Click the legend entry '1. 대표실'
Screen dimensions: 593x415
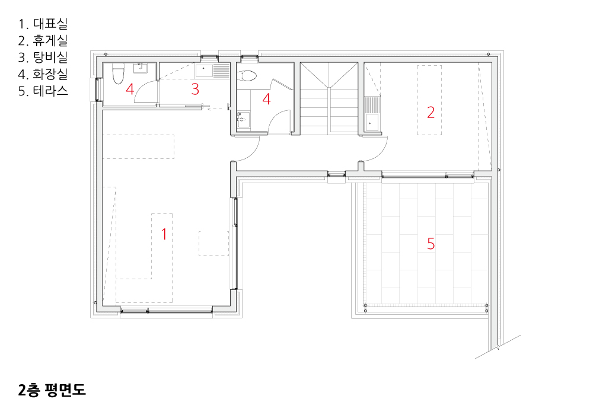click(x=43, y=24)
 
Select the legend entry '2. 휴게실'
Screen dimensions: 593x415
click(x=43, y=40)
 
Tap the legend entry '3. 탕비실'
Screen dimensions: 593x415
click(x=43, y=57)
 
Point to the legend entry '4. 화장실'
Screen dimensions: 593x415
click(x=43, y=74)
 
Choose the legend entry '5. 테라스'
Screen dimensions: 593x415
click(x=43, y=91)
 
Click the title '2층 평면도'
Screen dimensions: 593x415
click(x=52, y=390)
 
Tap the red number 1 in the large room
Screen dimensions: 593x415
click(x=164, y=234)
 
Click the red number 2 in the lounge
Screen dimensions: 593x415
click(x=431, y=112)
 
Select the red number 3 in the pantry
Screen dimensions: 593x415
click(x=195, y=89)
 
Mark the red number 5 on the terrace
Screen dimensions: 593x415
click(x=431, y=244)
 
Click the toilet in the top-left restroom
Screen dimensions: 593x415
click(x=119, y=74)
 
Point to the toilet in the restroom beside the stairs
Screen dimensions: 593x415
click(x=248, y=75)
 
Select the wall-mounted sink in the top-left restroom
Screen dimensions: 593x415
click(x=140, y=68)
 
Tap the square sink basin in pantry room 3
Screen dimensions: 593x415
click(x=204, y=71)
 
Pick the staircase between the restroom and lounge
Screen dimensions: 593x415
click(x=329, y=98)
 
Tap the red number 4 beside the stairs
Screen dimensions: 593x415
click(x=266, y=99)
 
